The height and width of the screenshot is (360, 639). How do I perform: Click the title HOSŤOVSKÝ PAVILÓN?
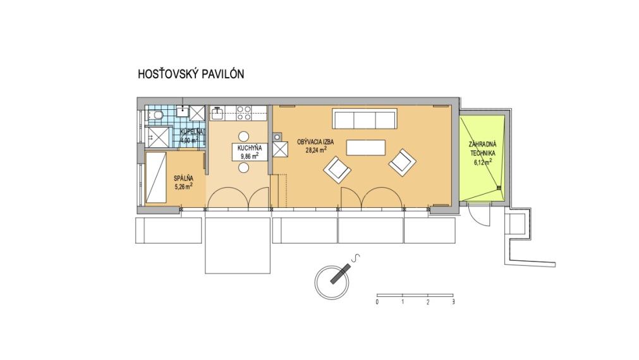coord(191,74)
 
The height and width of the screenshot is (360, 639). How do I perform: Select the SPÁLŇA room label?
coord(183,178)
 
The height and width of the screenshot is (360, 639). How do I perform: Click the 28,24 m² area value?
coord(316,151)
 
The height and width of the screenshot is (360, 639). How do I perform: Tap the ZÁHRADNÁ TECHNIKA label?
coord(482,148)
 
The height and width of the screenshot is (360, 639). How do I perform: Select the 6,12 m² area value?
coord(483,162)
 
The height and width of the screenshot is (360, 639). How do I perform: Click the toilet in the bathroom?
coord(154,115)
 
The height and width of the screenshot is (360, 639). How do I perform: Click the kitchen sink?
coord(217,114)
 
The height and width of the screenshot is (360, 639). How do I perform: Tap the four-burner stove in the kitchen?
coord(243,114)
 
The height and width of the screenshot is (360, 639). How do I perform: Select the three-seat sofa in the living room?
coord(364,119)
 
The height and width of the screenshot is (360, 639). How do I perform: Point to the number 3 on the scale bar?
coord(454,303)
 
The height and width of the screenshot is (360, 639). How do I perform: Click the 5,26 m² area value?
coord(183,186)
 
